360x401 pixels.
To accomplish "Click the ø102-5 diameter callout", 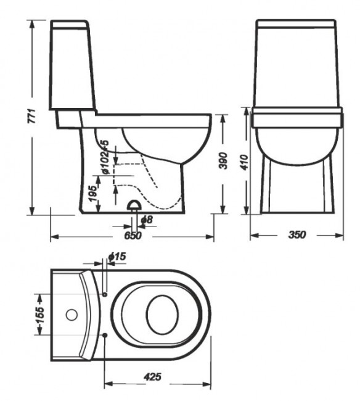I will click(105, 158).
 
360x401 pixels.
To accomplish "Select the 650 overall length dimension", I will click(133, 236).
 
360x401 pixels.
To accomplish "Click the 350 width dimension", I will click(297, 236).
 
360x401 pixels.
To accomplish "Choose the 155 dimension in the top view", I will click(38, 315).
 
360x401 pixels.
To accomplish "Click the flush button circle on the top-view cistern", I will click(72, 316).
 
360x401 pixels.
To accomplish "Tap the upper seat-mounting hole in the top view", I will click(105, 294).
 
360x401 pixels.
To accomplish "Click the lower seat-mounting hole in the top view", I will click(107, 336).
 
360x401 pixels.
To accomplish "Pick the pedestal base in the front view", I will click(297, 185).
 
